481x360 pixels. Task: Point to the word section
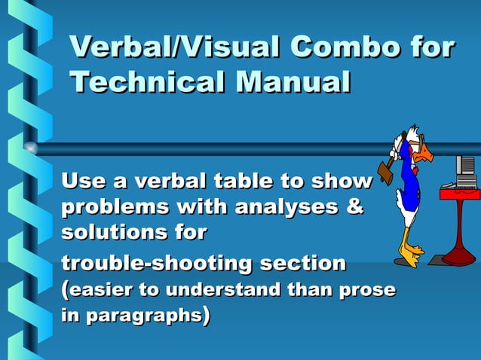(302, 264)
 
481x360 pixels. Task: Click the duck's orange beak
(425, 154)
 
